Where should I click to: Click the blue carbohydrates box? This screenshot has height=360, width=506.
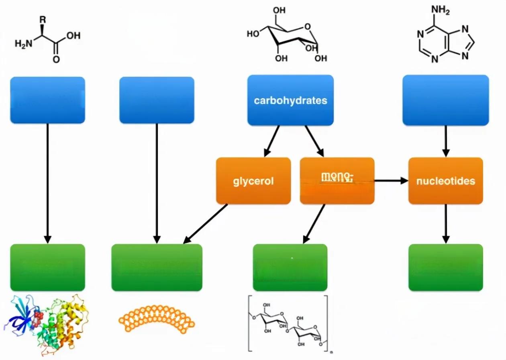click(x=290, y=100)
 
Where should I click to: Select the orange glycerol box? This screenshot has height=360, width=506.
click(x=253, y=181)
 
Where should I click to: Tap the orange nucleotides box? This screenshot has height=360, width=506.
click(x=445, y=181)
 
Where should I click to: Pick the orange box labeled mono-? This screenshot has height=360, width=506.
click(x=337, y=181)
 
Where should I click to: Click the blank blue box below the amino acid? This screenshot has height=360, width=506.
click(x=47, y=100)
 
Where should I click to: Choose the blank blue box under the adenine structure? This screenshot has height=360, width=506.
click(x=445, y=100)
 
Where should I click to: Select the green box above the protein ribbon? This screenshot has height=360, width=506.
click(x=47, y=267)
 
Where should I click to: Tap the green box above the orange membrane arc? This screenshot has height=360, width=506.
click(x=157, y=267)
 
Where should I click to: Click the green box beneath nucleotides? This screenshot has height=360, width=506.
click(x=445, y=267)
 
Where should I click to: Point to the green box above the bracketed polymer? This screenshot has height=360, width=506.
click(x=290, y=267)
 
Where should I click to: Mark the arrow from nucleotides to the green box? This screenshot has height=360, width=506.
click(x=445, y=223)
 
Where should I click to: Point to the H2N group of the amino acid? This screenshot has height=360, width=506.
click(x=22, y=43)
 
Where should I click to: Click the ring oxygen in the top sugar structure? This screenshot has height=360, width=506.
click(x=307, y=27)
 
